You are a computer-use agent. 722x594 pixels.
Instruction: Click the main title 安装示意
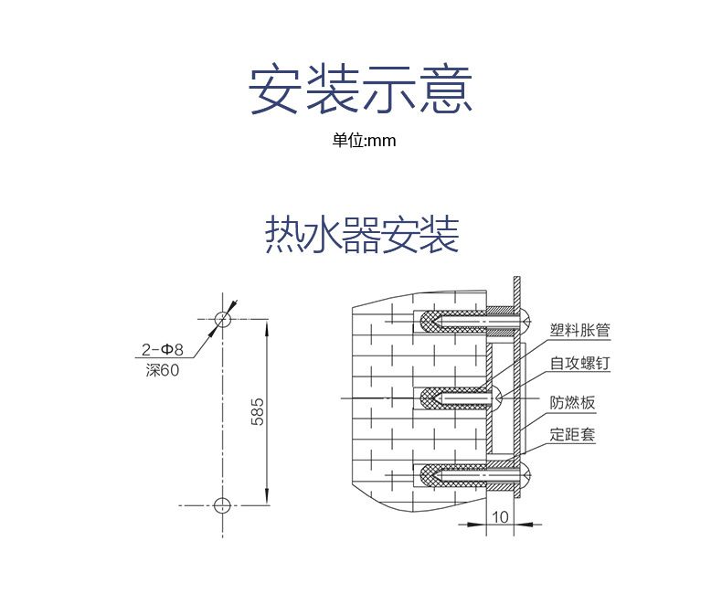point(361,89)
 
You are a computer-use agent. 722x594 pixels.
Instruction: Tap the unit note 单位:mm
point(364,141)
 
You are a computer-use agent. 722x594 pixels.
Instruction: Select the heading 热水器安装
point(361,234)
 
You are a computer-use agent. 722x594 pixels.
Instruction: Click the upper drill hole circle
point(222,319)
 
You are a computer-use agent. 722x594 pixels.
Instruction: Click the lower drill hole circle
point(222,505)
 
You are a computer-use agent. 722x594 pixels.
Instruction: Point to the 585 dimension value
point(258,412)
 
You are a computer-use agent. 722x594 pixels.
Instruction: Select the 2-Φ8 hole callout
point(163,349)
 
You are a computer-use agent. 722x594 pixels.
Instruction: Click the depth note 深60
point(163,369)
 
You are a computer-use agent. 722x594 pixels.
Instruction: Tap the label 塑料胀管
point(579,330)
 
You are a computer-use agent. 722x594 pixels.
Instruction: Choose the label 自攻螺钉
point(579,363)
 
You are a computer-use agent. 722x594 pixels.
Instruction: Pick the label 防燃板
point(572,402)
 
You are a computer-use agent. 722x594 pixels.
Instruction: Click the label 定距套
point(572,434)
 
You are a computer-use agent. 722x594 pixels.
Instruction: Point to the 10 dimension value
point(500,517)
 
